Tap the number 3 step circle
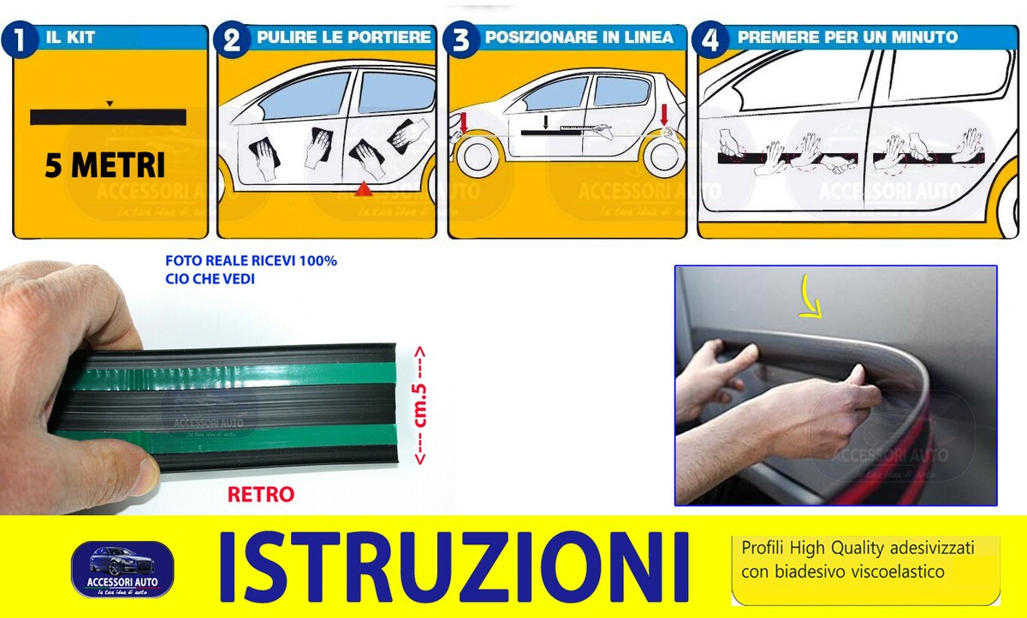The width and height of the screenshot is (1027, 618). (461, 40)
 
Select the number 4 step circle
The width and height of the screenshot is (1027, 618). (712, 40)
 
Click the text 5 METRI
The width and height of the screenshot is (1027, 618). (105, 165)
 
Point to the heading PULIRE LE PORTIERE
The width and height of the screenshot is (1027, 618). (343, 38)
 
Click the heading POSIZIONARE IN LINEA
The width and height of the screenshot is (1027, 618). (579, 38)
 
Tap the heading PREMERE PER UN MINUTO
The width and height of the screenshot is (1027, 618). (847, 38)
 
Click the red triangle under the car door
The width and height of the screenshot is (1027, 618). (363, 188)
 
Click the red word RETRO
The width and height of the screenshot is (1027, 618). (261, 494)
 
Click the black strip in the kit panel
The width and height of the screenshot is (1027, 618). (108, 117)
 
